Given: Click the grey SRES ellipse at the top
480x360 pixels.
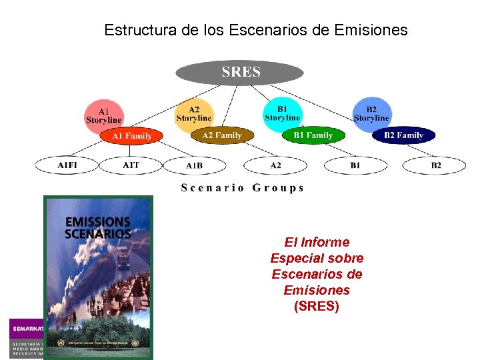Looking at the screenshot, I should (x=239, y=72).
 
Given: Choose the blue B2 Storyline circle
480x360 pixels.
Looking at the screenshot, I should (x=371, y=113).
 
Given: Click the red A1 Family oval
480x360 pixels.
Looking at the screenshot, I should (x=131, y=136).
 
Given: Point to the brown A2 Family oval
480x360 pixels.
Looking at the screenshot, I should (x=222, y=135).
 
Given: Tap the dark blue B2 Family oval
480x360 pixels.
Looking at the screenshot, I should (x=403, y=135).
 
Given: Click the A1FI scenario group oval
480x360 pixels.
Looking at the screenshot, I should (x=67, y=165).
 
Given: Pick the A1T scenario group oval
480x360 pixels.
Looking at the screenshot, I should (x=131, y=165).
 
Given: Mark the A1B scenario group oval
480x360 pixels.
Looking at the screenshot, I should (x=195, y=165).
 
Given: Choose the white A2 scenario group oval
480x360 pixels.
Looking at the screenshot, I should (x=275, y=165).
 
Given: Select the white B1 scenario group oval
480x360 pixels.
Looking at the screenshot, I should (x=355, y=165).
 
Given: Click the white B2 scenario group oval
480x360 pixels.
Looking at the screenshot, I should (x=435, y=165).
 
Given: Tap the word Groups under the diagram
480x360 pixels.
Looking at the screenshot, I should (x=278, y=188).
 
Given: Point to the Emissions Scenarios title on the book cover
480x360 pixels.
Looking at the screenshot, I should (x=97, y=227).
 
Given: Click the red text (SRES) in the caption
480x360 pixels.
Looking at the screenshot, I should (x=317, y=307).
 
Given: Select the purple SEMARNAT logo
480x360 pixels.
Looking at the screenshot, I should (x=27, y=329).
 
